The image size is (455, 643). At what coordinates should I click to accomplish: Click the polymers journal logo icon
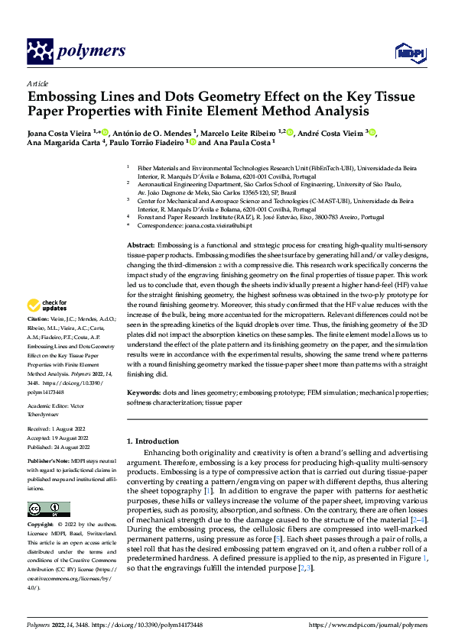pyautogui.click(x=41, y=52)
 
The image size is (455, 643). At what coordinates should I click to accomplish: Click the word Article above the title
pyautogui.click(x=37, y=83)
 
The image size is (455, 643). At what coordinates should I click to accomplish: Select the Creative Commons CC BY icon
pyautogui.click(x=48, y=509)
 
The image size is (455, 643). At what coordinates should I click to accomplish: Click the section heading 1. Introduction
pyautogui.click(x=152, y=441)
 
